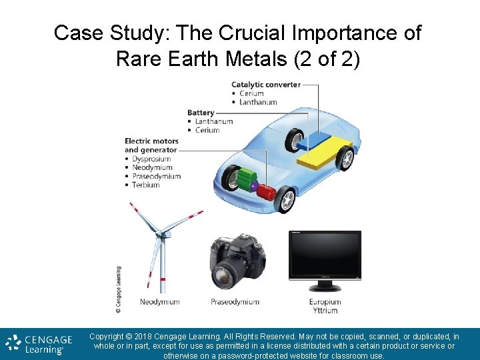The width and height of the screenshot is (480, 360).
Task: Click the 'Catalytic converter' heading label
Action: pos(265,85)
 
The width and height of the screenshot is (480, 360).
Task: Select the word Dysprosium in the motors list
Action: pos(151,159)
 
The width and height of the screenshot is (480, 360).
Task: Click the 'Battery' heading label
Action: pos(201,113)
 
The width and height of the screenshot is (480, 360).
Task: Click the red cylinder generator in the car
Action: pos(267,193)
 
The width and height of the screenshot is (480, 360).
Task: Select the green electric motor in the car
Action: pos(248,181)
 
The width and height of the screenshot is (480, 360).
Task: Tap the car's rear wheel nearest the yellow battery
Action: pos(344,159)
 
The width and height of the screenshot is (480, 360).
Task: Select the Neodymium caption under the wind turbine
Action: pos(159,302)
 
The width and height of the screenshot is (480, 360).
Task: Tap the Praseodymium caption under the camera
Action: pos(235,302)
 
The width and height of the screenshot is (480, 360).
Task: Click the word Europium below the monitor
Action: pos(325,302)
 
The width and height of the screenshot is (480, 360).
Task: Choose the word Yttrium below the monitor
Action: pos(325,310)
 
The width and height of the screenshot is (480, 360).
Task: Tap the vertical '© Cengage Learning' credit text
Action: pos(118,289)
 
